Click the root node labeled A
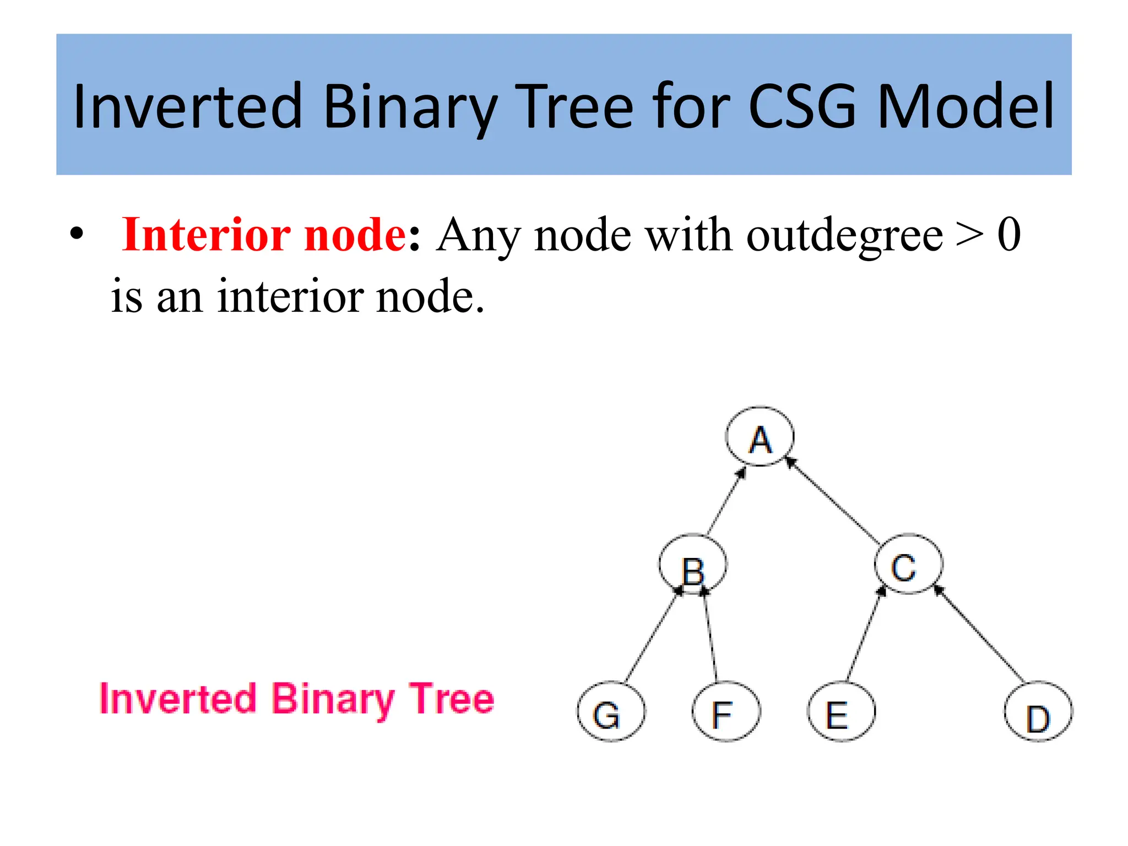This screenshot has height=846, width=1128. tap(760, 437)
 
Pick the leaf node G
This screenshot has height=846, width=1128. tap(611, 712)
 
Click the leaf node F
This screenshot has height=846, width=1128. tap(726, 712)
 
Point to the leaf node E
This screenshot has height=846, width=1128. tap(841, 712)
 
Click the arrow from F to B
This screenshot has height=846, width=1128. tap(711, 637)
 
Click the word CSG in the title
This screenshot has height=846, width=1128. tap(801, 106)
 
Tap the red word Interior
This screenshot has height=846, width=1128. tap(206, 235)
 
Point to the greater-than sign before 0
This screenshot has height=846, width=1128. tap(969, 235)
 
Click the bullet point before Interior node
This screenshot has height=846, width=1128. tap(77, 234)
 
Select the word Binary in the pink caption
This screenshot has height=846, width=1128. tap(333, 699)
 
